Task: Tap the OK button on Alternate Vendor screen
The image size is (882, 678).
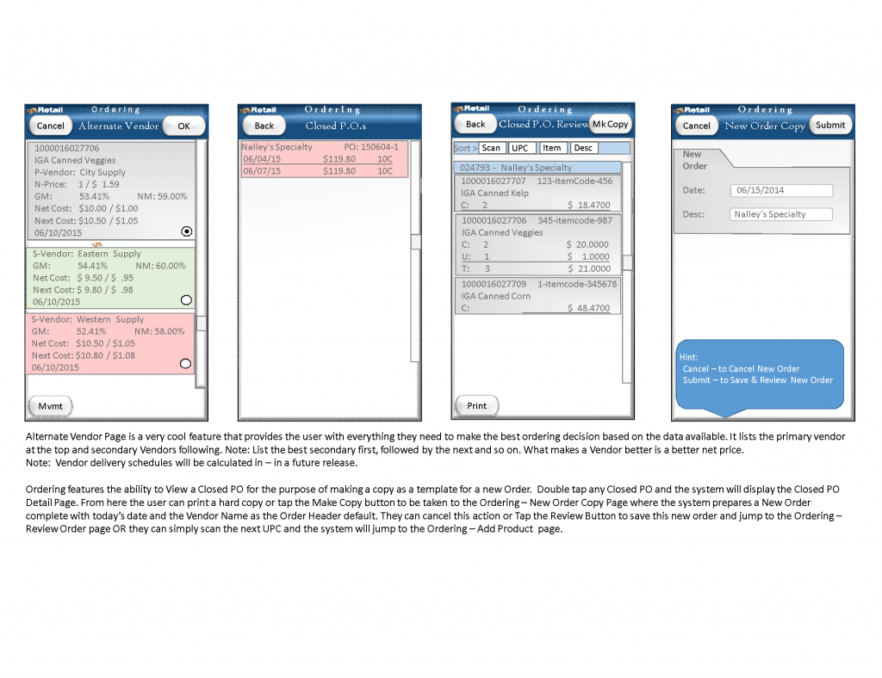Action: [x=183, y=126]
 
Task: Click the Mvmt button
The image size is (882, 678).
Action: [x=51, y=405]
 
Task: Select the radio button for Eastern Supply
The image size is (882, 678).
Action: [x=186, y=300]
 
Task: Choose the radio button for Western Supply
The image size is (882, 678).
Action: [x=185, y=364]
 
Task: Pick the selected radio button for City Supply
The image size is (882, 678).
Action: [x=186, y=231]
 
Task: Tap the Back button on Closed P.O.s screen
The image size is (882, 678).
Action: [x=264, y=126]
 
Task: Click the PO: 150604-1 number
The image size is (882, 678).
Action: [x=371, y=147]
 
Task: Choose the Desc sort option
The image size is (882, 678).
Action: [x=583, y=148]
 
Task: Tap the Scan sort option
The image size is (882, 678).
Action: [x=491, y=148]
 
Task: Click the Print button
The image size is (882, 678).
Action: [x=476, y=405]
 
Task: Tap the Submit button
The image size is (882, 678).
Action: [x=829, y=125]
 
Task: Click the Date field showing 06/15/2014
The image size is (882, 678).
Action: [x=780, y=190]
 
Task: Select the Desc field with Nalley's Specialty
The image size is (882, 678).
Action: [x=780, y=214]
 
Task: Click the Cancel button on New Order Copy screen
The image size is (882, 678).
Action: [x=696, y=126]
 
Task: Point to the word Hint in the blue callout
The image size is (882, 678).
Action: [x=689, y=357]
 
